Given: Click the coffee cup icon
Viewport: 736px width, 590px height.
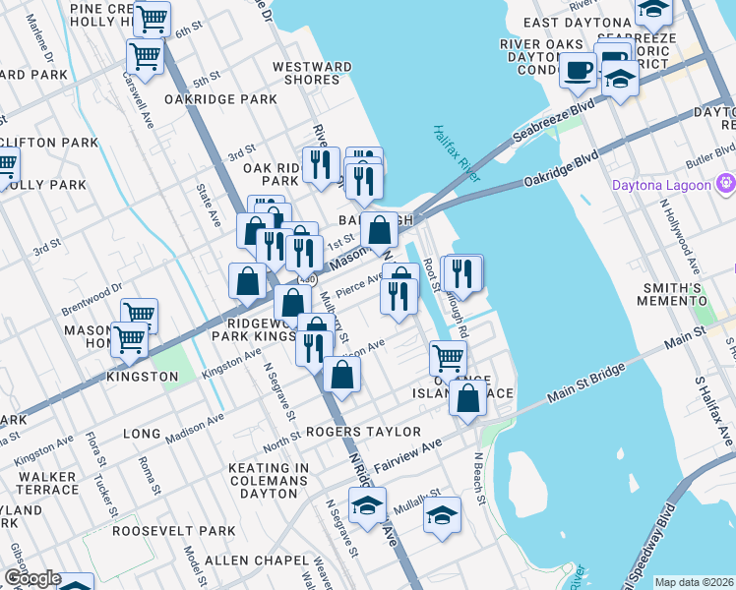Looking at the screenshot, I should pos(578,69).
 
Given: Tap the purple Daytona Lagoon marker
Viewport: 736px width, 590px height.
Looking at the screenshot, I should pos(726,184).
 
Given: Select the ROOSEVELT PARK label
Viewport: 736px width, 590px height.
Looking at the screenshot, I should pos(173,530).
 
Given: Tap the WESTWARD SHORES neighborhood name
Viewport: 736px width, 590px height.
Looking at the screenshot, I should pos(312,73).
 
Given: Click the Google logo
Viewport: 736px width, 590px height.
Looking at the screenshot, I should pos(31,578).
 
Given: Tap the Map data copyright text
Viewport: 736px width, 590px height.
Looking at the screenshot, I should pos(694,582).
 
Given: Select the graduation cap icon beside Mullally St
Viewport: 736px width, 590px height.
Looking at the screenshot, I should pos(442,514).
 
